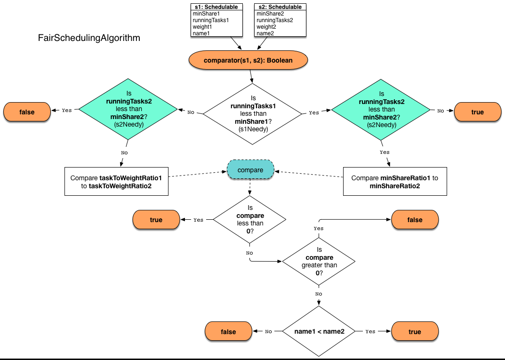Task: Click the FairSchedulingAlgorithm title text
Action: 89,38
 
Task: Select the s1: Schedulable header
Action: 217,7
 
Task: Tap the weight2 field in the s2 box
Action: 266,27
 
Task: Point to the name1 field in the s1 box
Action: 201,33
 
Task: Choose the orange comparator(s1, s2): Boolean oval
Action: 248,60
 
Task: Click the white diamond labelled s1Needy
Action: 252,113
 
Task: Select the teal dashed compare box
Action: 250,170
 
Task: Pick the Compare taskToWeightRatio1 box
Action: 116,182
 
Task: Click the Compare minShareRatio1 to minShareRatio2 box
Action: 394,182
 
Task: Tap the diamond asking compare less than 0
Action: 250,219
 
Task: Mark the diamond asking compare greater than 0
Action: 319,261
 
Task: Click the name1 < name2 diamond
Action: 319,331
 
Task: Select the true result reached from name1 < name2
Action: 414,331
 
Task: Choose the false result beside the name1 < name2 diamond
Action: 228,331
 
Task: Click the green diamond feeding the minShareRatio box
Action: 381,111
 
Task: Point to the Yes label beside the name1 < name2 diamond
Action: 370,331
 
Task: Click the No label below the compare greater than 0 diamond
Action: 319,294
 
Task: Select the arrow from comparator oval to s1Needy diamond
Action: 252,75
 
